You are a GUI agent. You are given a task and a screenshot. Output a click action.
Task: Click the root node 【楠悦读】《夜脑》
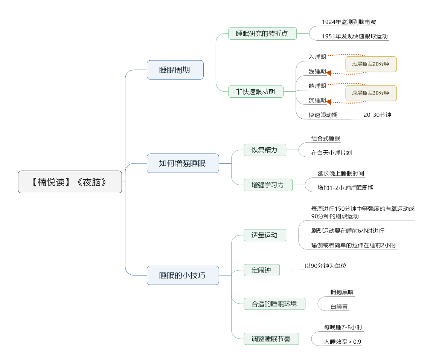pyautogui.click(x=70, y=182)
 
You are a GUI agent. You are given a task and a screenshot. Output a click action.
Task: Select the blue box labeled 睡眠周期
pyautogui.click(x=175, y=70)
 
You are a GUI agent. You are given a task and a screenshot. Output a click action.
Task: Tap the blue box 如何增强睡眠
pyautogui.click(x=183, y=163)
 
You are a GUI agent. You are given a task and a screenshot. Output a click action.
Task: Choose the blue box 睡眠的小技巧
pyautogui.click(x=183, y=275)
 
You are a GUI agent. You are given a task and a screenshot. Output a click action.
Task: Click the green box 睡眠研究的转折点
pyautogui.click(x=262, y=34)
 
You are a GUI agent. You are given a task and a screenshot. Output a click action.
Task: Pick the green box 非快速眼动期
pyautogui.click(x=256, y=92)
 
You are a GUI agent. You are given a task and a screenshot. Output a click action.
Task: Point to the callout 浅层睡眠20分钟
pyautogui.click(x=371, y=64)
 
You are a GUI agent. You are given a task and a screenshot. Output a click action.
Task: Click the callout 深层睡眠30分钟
pyautogui.click(x=371, y=93)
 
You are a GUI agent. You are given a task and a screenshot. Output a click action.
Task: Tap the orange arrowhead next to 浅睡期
pyautogui.click(x=329, y=73)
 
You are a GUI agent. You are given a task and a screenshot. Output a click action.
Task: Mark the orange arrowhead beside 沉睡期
pyautogui.click(x=329, y=102)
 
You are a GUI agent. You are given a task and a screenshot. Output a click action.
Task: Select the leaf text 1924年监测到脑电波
pyautogui.click(x=349, y=22)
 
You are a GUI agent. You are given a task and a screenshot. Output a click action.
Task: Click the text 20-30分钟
pyautogui.click(x=377, y=115)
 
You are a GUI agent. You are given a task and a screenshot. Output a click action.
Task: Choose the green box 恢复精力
pyautogui.click(x=265, y=150)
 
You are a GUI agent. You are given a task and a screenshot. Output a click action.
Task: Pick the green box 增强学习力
pyautogui.click(x=268, y=185)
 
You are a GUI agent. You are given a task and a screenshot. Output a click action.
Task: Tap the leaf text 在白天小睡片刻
pyautogui.click(x=331, y=153)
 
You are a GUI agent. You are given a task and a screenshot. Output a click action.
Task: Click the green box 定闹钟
pyautogui.click(x=262, y=270)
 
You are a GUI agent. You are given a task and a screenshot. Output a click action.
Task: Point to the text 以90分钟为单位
pyautogui.click(x=326, y=266)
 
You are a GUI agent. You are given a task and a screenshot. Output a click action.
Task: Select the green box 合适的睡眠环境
pyautogui.click(x=274, y=304)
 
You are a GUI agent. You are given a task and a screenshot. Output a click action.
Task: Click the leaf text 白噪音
pyautogui.click(x=339, y=307)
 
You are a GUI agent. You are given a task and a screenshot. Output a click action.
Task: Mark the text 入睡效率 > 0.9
pyautogui.click(x=343, y=342)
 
